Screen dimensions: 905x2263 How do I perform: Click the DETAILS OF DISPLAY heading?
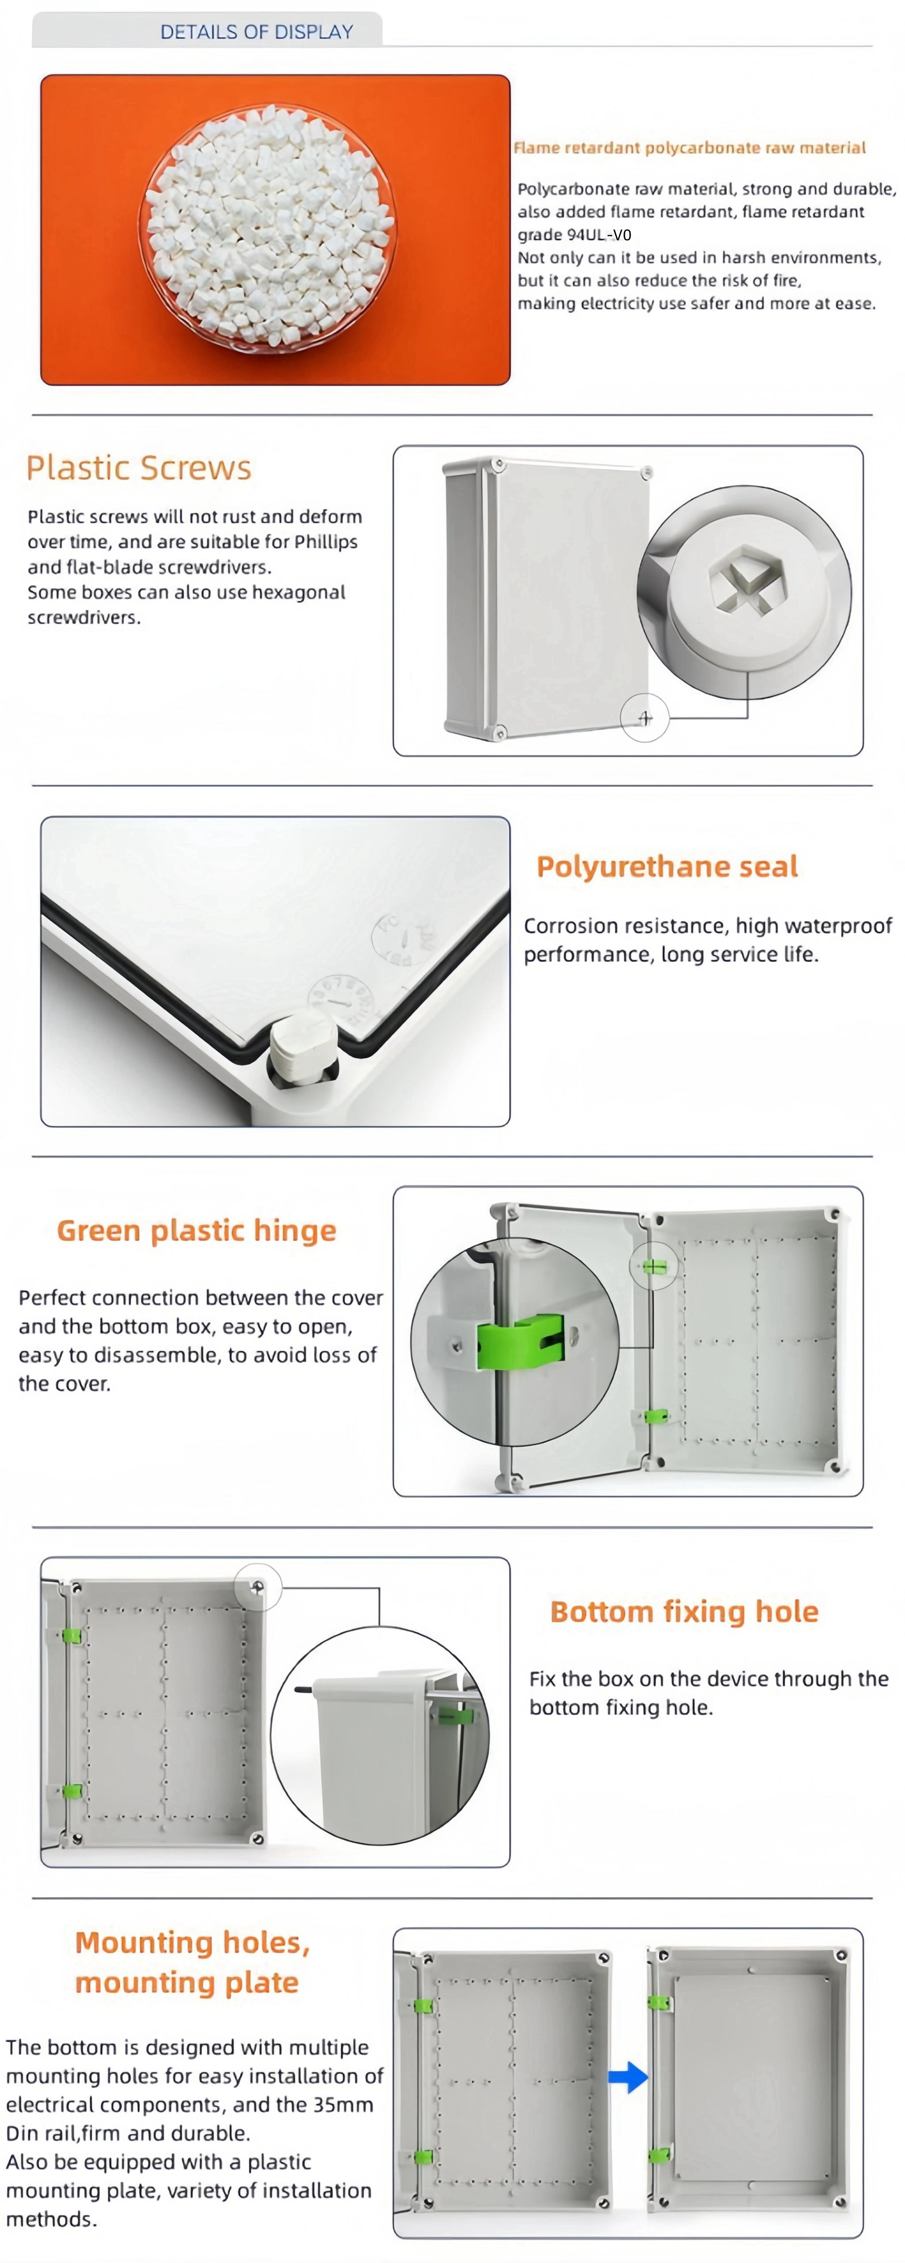coord(257,32)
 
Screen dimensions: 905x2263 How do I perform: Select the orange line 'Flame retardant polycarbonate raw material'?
coord(690,148)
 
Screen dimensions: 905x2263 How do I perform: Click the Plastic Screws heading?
coord(139,467)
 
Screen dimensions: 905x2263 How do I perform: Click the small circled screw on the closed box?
coord(645,718)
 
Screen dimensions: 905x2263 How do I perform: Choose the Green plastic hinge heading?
coord(197,1231)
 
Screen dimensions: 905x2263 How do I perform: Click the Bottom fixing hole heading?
coord(684,1612)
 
